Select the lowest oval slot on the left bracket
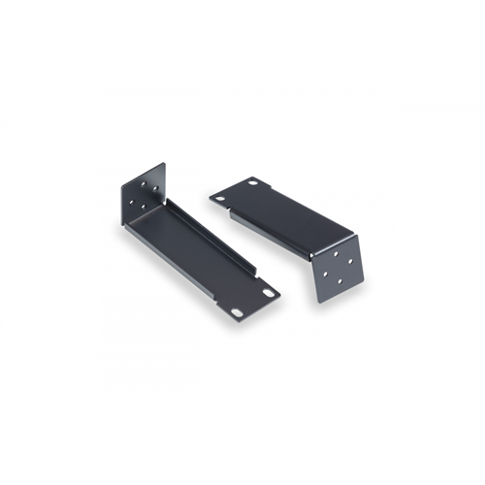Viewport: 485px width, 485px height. click(x=240, y=311)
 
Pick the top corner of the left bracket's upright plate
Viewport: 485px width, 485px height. click(x=163, y=164)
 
